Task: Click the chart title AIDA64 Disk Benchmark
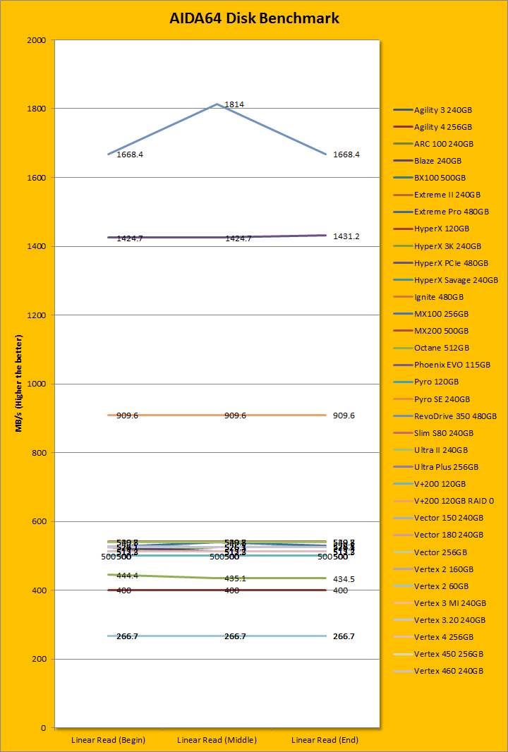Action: coord(254,19)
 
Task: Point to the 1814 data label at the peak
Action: coord(234,104)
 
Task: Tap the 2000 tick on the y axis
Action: coord(37,40)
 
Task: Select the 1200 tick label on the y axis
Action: coord(37,315)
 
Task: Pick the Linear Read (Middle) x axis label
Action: coord(217,740)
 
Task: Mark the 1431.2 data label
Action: coord(346,236)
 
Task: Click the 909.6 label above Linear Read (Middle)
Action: coord(235,416)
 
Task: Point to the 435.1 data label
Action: coord(235,578)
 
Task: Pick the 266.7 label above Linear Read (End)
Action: coord(344,636)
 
